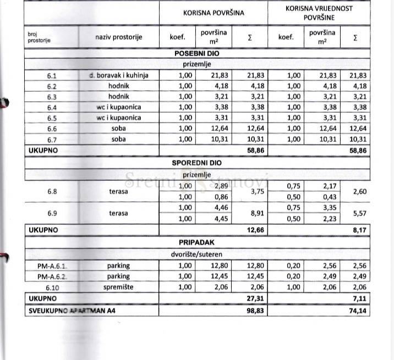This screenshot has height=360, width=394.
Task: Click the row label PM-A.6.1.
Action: click(x=52, y=266)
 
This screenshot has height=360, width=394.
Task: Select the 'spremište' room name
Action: click(x=118, y=287)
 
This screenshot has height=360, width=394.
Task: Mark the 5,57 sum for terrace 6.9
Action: click(x=358, y=213)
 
